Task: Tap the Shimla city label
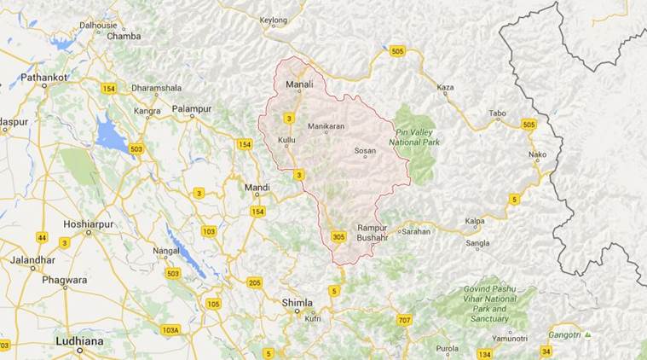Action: coord(298,303)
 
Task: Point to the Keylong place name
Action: coord(274,19)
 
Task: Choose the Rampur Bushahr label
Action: coord(373,232)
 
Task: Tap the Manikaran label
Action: coord(326,126)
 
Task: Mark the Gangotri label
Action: coord(564,334)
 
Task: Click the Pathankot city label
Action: coord(44,77)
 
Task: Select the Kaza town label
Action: coord(445,87)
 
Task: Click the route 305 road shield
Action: coord(339,237)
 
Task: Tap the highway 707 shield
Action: coord(404,319)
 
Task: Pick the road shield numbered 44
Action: coord(43,237)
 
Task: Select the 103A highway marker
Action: coord(170,330)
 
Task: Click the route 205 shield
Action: coord(254,282)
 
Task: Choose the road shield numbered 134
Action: coord(484,353)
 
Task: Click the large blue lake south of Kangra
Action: coord(111,136)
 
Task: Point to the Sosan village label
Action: coord(365,151)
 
